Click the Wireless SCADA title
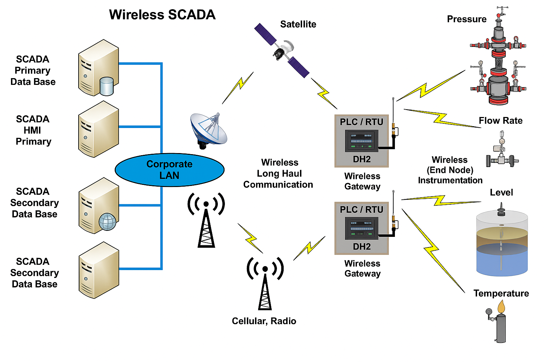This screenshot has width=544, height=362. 162,15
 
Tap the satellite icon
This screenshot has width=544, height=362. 282,51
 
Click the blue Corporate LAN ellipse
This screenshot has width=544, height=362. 169,170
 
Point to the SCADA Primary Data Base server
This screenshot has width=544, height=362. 98,68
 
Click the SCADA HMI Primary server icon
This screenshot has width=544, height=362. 98,129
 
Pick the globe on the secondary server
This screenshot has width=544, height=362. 107,222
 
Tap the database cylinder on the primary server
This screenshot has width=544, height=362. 107,86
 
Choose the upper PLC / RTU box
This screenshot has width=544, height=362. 362,141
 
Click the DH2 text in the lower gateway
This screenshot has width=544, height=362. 362,246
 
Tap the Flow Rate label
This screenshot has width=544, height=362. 500,121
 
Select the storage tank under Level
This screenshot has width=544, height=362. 502,244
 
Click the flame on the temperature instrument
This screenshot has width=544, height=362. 501,307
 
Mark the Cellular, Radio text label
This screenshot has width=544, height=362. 264,321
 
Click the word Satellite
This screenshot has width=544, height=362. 298,24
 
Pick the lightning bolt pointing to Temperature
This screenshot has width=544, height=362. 432,249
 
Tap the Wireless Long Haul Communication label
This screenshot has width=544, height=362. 278,173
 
